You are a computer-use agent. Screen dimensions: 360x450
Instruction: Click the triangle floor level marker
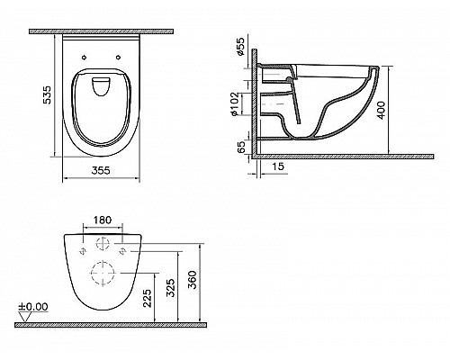coord(22,316)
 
